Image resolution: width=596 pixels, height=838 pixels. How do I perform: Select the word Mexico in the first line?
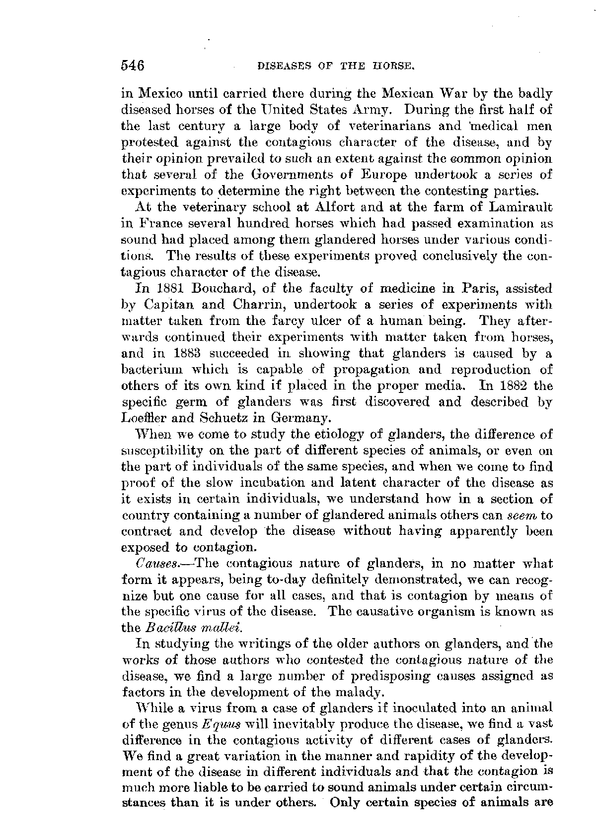pos(159,94)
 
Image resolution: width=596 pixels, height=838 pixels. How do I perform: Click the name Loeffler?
pos(146,418)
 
